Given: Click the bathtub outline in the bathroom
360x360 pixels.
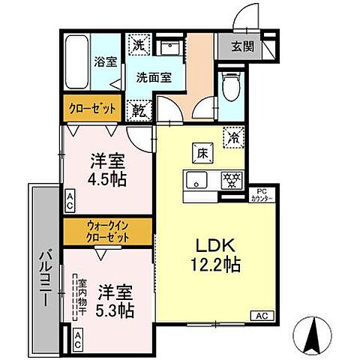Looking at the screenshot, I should coord(76,62).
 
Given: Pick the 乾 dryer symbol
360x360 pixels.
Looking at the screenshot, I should coord(139,109).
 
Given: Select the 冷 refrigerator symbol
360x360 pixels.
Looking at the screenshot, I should coord(234,137).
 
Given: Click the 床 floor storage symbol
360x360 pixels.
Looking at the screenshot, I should coord(202,151).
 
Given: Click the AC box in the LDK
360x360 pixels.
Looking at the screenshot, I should coord(261,315).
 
